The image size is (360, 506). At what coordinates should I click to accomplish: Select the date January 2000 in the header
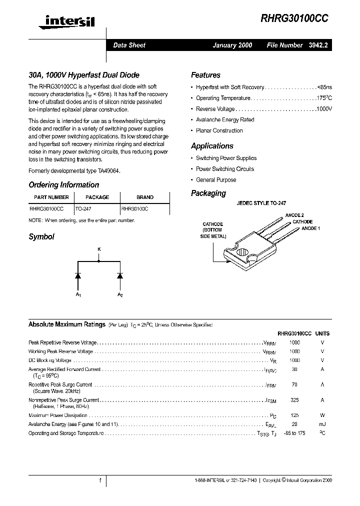[232, 45]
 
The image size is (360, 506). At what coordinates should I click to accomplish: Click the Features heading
[205, 75]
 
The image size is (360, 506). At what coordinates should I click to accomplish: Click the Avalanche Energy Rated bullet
[224, 120]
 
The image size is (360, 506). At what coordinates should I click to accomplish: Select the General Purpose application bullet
[216, 180]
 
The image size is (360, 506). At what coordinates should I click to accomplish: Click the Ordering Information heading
[63, 185]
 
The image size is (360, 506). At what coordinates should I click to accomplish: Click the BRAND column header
[145, 197]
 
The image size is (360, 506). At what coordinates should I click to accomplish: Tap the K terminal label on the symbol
[98, 248]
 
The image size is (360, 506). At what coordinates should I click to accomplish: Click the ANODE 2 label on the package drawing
[294, 215]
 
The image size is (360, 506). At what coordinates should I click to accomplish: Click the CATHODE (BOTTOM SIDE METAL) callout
[212, 230]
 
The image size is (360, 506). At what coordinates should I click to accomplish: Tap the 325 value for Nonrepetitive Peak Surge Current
[294, 400]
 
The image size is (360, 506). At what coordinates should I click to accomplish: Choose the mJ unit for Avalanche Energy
[322, 424]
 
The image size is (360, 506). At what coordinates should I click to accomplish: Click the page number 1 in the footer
[100, 480]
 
